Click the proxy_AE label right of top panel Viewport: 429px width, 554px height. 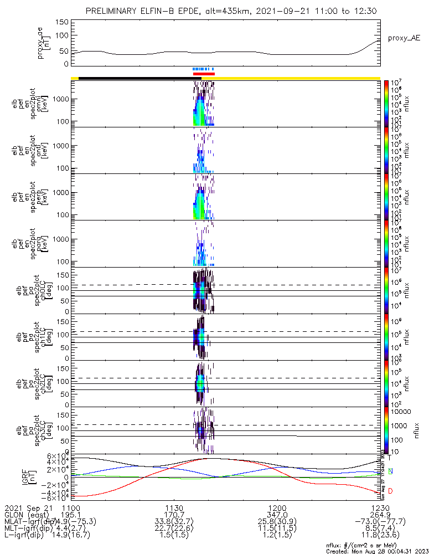click(x=404, y=38)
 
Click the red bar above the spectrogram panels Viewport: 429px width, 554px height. click(x=204, y=74)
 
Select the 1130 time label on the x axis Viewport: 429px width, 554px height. click(x=174, y=507)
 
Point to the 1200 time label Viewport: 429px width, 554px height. click(x=277, y=507)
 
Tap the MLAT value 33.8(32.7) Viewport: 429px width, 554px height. click(x=174, y=522)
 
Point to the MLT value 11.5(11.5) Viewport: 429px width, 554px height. click(x=277, y=529)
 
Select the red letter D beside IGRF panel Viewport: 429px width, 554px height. click(x=390, y=491)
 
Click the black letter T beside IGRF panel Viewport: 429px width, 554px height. click(x=389, y=458)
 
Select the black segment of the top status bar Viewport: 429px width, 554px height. click(x=136, y=78)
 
